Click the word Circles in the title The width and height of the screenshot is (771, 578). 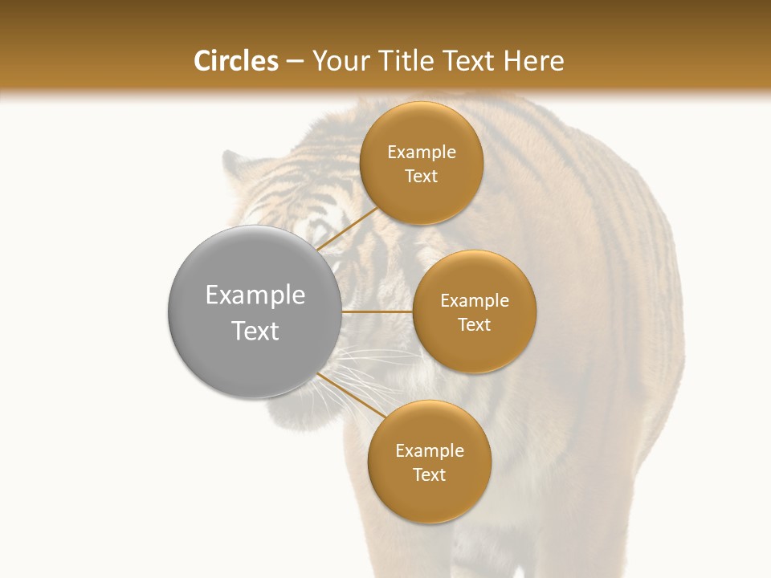(x=235, y=61)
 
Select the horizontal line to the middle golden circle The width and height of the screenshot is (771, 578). (x=377, y=311)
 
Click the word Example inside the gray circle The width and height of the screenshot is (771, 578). (x=255, y=295)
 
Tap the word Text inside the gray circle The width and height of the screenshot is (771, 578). (x=255, y=331)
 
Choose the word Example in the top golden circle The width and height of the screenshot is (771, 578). (x=421, y=153)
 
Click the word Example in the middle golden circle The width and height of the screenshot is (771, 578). (x=474, y=301)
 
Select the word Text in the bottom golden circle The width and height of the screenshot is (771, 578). (x=429, y=475)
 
